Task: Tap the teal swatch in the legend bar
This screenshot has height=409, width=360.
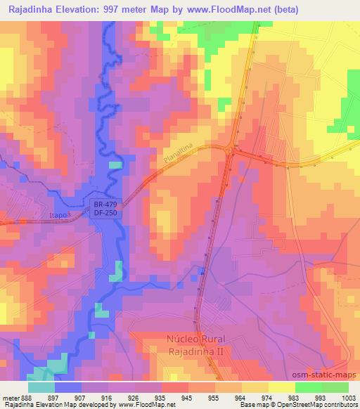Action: coord(41,387)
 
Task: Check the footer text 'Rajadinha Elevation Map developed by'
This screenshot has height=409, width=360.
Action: coord(52,404)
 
